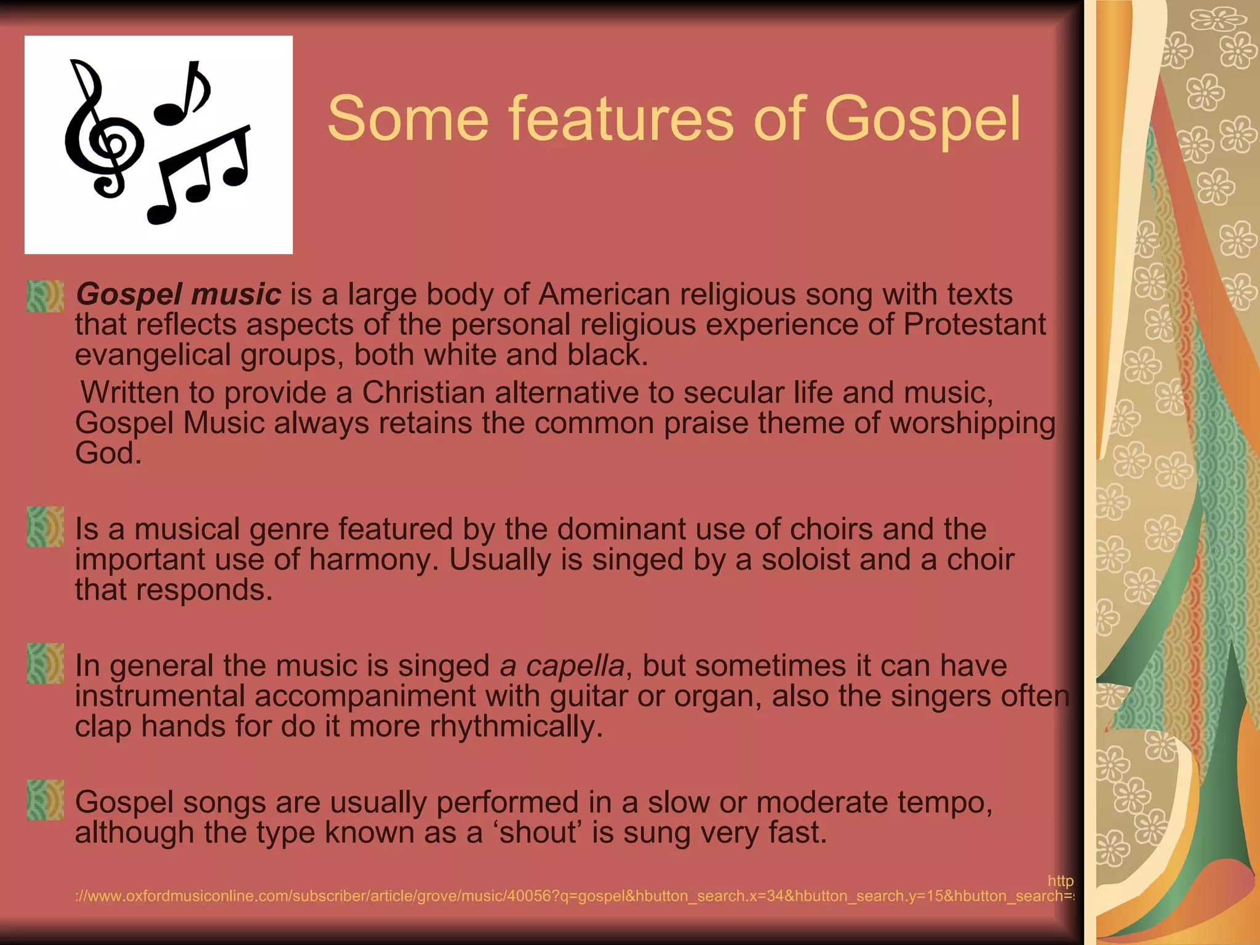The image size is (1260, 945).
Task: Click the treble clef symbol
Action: (102, 132)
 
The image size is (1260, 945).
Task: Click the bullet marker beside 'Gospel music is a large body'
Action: (45, 296)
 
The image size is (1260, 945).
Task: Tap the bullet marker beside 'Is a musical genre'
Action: (45, 527)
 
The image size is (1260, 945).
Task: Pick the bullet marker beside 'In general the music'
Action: (45, 663)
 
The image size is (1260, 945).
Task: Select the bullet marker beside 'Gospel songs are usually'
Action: (45, 800)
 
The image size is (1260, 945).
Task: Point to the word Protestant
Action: (975, 324)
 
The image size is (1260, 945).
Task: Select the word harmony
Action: (373, 559)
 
